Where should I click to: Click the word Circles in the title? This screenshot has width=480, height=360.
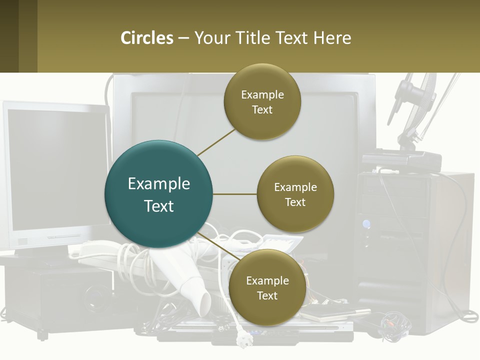pyautogui.click(x=147, y=38)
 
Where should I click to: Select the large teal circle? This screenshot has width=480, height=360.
pyautogui.click(x=158, y=194)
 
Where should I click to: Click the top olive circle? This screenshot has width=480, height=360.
pyautogui.click(x=262, y=101)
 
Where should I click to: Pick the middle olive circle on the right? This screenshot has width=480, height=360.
pyautogui.click(x=295, y=194)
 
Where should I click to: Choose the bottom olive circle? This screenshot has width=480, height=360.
pyautogui.click(x=267, y=287)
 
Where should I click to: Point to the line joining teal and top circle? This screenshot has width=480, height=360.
pyautogui.click(x=216, y=142)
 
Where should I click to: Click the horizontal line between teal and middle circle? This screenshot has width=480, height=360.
pyautogui.click(x=235, y=194)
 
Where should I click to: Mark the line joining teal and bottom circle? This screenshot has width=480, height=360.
pyautogui.click(x=219, y=246)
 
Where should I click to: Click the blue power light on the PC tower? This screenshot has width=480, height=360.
pyautogui.click(x=366, y=224)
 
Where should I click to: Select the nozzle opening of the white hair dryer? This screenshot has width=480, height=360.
pyautogui.click(x=204, y=304)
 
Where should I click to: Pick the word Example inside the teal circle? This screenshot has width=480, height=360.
pyautogui.click(x=159, y=183)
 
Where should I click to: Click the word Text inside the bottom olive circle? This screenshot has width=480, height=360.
pyautogui.click(x=267, y=295)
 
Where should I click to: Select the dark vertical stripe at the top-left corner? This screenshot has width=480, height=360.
pyautogui.click(x=9, y=36)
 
